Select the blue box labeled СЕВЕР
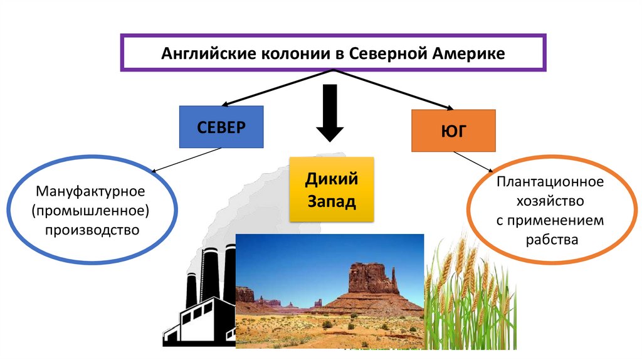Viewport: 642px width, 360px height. (x=221, y=127)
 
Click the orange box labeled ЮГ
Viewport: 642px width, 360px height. (x=453, y=130)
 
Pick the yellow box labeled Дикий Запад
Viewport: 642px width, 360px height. (x=331, y=189)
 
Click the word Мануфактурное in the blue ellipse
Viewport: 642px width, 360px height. (x=91, y=189)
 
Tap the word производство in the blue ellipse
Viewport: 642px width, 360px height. (x=91, y=230)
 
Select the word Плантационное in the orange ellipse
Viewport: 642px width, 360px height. (x=551, y=182)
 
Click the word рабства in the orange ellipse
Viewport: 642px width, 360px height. (x=551, y=239)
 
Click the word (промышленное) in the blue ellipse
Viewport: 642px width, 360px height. (x=91, y=209)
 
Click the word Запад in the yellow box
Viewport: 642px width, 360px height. (x=331, y=202)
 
